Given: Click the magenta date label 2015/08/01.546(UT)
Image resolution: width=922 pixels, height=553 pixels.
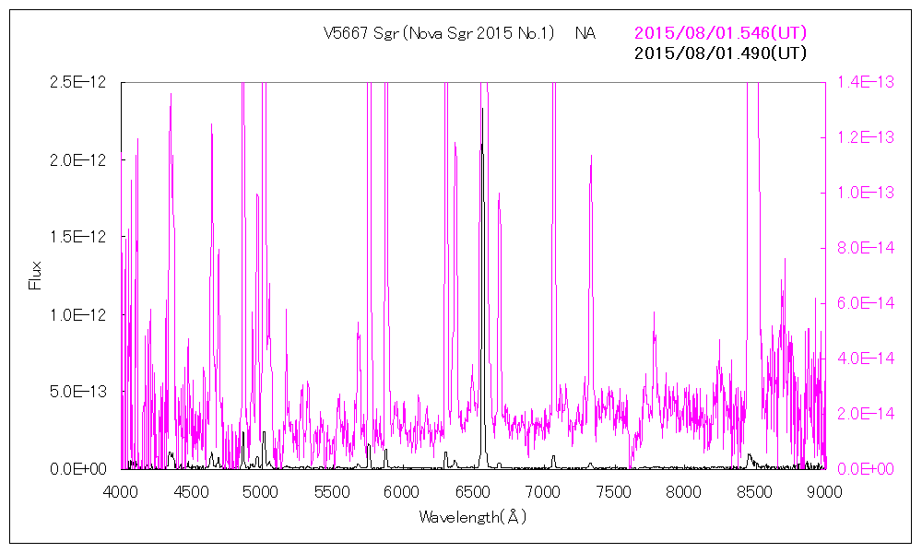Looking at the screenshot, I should (x=720, y=33).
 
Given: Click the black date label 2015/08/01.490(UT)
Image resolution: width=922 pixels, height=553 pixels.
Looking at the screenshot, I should (x=720, y=53).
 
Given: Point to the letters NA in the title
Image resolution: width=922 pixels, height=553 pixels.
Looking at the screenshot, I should (x=585, y=33).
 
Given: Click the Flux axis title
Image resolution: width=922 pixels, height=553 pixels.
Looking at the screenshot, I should (x=36, y=276).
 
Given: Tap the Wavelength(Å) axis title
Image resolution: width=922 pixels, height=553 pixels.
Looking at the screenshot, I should (x=472, y=517).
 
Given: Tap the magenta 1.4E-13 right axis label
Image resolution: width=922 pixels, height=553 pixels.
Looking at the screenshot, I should (x=865, y=82).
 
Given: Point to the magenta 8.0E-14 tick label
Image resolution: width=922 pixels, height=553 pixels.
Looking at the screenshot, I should (x=865, y=248).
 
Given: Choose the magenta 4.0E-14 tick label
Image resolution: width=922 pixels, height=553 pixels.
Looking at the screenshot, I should (x=865, y=359).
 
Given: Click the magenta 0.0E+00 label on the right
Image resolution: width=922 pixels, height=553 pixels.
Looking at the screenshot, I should (x=865, y=469).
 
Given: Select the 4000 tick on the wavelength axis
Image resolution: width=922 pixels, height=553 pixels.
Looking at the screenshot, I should (x=121, y=490).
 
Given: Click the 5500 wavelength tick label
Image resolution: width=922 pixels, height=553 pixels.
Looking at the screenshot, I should (x=332, y=490).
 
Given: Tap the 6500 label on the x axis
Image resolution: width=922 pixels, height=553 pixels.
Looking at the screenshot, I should (x=473, y=490).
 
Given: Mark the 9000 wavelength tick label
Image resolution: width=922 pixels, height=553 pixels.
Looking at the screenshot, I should (x=824, y=490).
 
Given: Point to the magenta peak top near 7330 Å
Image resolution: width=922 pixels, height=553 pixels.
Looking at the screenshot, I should (x=590, y=157).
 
